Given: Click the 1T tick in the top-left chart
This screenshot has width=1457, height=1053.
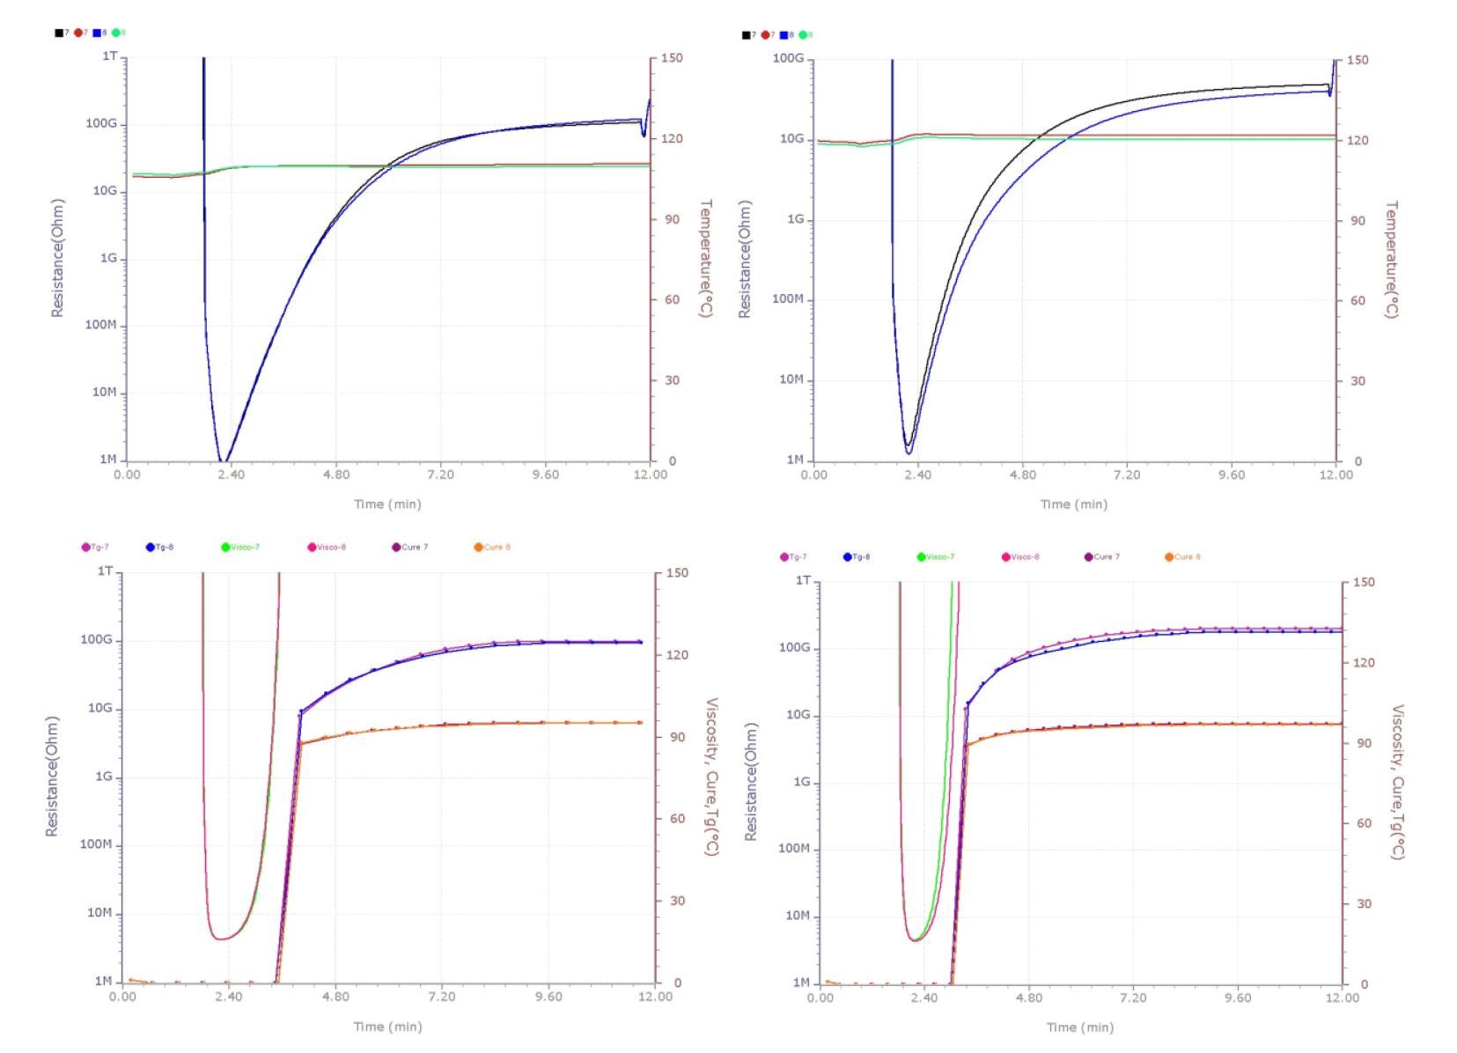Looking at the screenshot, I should coord(109,56).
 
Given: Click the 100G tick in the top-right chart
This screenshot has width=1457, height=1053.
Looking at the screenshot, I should coord(788,58).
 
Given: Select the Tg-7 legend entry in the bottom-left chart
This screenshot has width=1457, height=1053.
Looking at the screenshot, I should coord(95,547).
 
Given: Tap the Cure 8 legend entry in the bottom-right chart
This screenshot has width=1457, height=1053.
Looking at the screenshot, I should coord(1182,556).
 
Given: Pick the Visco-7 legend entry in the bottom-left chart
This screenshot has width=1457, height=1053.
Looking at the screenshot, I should coord(240,547).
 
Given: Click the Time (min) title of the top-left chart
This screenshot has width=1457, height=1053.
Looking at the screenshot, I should coord(387,504).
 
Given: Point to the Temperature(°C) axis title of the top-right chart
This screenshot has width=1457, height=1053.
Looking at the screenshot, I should coord(1391,260).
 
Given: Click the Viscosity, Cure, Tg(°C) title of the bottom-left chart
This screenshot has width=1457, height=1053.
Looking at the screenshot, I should coord(712,777).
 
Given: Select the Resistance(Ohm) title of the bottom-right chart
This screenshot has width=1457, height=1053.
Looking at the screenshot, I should coord(751,782).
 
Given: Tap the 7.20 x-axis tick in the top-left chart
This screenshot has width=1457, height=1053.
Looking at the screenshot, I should coord(440,475).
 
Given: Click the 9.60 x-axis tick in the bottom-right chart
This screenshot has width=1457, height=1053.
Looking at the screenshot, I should coord(1238,998).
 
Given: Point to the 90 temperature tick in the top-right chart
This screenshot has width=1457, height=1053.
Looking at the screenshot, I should coord(1358,220).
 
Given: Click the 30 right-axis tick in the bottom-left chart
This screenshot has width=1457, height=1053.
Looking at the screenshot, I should coord(677,901).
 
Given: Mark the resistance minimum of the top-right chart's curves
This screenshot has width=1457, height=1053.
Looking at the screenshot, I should coord(909,450).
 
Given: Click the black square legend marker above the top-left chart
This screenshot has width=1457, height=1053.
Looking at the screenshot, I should coord(59,33).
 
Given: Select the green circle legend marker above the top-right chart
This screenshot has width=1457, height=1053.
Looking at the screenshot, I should coord(803,35).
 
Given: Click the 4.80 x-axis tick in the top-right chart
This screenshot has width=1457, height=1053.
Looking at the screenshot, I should coord(1022,475).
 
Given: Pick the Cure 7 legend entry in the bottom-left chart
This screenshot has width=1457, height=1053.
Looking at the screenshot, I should coord(409,547).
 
